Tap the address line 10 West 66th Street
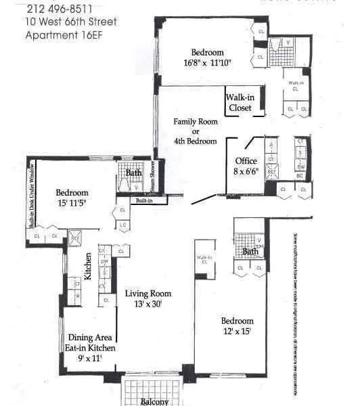70,22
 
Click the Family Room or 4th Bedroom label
195,131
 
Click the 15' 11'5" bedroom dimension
72,202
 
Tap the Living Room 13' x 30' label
148,298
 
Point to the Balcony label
154,401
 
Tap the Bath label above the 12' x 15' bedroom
251,252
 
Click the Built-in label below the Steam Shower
144,201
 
